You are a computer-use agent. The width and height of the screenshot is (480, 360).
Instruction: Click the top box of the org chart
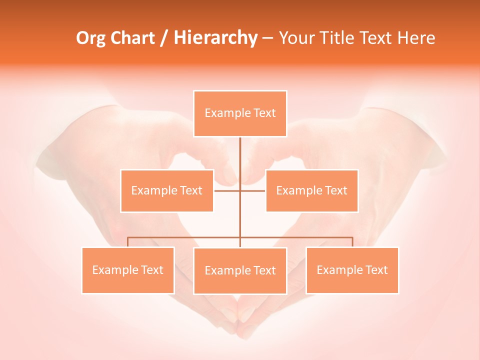(240, 113)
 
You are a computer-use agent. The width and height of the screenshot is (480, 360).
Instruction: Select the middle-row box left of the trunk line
(167, 190)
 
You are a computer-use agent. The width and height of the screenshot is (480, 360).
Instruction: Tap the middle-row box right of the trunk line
(311, 190)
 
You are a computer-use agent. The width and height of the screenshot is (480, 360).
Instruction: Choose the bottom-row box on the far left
(128, 270)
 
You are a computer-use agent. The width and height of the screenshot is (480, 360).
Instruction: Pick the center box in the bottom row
(240, 270)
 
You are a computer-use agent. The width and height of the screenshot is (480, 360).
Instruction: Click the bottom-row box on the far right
(352, 270)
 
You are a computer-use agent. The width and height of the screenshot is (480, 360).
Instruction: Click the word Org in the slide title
(90, 38)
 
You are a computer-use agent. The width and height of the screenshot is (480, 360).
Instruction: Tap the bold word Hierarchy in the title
(215, 38)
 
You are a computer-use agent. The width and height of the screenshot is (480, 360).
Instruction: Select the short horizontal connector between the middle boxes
(227, 190)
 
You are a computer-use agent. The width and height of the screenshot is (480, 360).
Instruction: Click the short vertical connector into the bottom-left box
(128, 242)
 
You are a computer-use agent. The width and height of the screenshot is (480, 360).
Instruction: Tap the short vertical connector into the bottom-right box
(352, 242)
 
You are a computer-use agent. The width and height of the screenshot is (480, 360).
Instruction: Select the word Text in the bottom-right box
(376, 270)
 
